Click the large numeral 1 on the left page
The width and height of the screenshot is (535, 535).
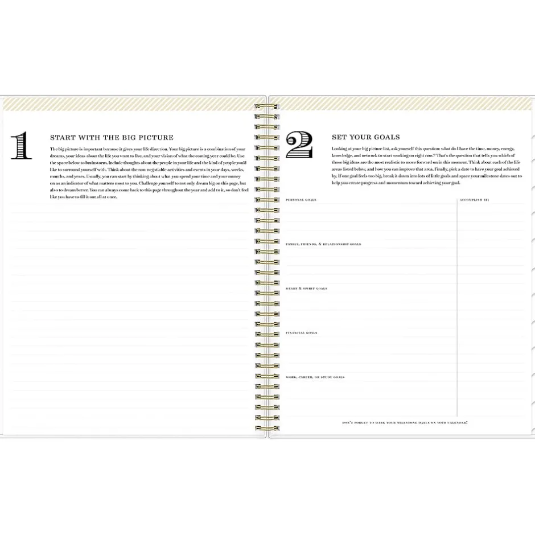22,146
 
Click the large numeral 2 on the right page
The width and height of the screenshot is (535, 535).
300,146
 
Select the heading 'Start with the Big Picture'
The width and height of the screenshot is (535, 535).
112,138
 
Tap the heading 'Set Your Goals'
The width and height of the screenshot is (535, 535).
365,137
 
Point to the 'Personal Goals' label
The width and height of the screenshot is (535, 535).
301,200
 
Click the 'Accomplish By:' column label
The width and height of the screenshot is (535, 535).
474,200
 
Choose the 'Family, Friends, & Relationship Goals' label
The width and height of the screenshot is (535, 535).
323,244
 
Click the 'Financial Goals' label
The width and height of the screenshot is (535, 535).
301,333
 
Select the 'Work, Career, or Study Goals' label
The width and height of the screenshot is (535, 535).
315,377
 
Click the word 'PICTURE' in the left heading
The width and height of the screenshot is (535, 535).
153,138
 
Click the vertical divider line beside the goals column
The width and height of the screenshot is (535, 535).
457,307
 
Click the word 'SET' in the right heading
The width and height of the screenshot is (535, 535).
339,137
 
